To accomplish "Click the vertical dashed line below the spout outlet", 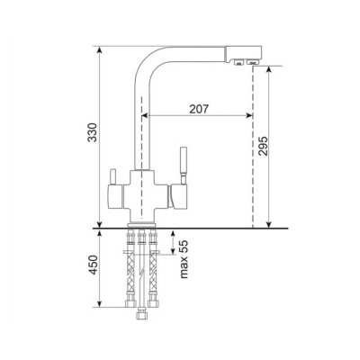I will pos(253,144).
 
